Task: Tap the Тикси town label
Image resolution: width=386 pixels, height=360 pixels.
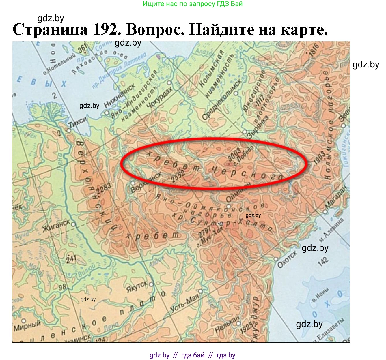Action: tap(78, 123)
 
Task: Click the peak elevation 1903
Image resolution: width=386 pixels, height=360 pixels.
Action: tap(320, 157)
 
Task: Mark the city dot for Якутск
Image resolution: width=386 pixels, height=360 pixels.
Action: tap(151, 284)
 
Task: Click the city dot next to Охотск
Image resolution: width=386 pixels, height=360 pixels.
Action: tap(276, 259)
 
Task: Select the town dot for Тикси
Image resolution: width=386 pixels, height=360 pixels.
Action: tap(69, 130)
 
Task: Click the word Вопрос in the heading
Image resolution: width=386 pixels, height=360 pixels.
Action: tap(155, 30)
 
